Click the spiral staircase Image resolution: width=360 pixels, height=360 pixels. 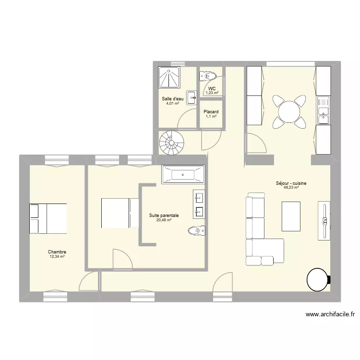[171, 142]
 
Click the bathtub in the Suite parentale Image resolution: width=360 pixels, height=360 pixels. [183, 175]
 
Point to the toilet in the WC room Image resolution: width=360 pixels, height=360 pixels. [210, 76]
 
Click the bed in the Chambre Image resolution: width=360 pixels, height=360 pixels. [48, 218]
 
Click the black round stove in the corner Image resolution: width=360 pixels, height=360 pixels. [318, 279]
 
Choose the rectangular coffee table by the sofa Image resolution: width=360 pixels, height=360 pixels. [291, 216]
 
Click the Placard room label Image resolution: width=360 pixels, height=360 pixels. [211, 112]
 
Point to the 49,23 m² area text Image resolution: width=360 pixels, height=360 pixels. [291, 188]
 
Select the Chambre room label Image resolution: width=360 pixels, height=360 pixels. [57, 252]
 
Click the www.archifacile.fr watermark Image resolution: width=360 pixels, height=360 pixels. [330, 315]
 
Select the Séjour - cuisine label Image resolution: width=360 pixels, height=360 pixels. [291, 183]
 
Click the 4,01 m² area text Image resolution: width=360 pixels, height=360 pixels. [172, 103]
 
